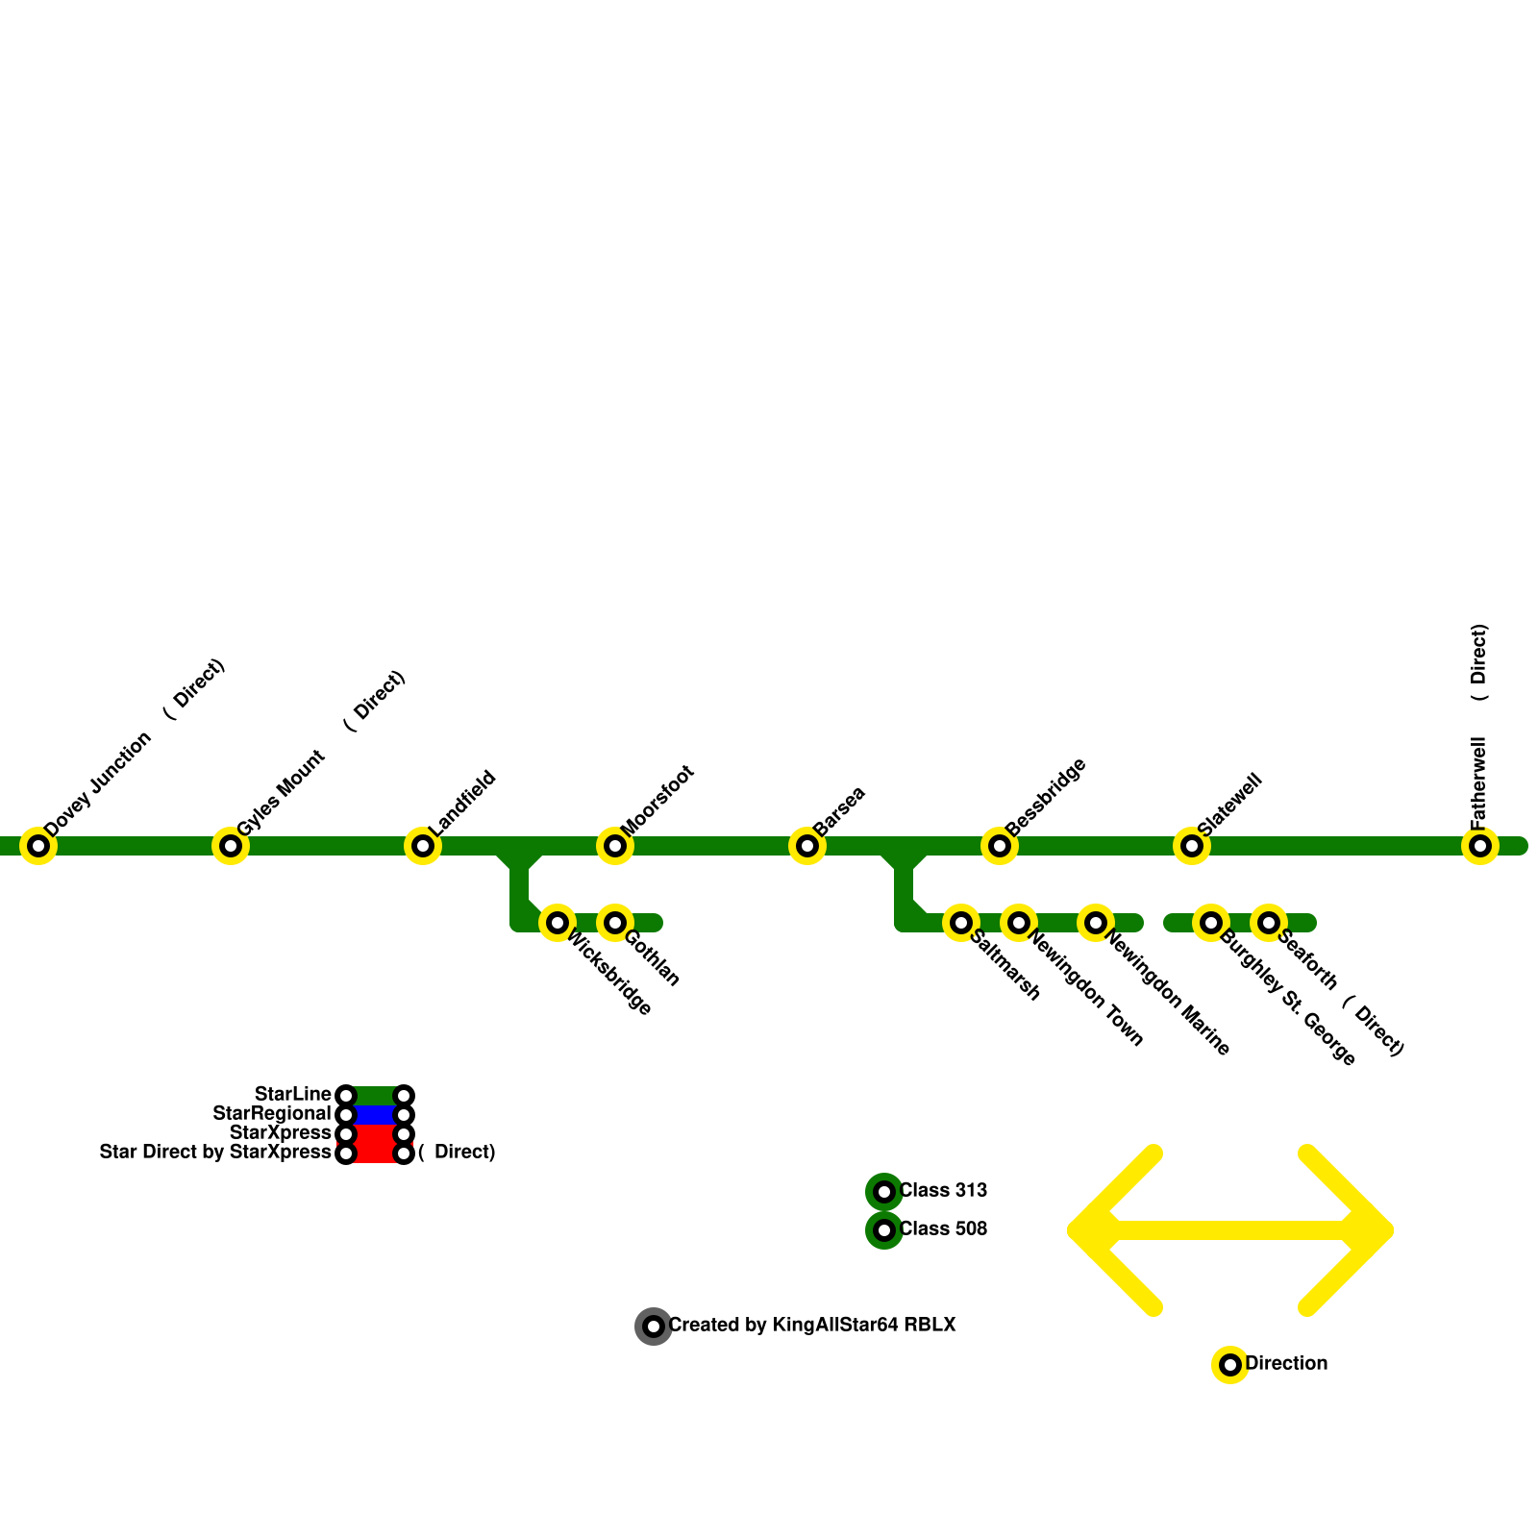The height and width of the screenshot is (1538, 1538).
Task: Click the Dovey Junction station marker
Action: click(x=38, y=846)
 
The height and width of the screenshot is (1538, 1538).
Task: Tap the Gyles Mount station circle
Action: click(x=231, y=846)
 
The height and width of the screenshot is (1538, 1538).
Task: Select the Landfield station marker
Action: click(x=423, y=846)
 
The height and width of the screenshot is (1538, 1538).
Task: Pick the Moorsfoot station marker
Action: click(x=615, y=846)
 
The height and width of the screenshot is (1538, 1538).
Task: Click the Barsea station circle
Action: click(x=807, y=846)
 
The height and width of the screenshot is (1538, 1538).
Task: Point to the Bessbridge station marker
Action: click(x=1000, y=846)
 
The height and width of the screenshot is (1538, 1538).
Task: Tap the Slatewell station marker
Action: click(x=1192, y=846)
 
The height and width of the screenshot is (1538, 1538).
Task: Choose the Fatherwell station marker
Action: click(x=1480, y=846)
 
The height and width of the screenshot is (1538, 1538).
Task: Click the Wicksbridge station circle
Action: click(x=558, y=923)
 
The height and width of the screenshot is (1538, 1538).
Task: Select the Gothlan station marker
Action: click(x=615, y=923)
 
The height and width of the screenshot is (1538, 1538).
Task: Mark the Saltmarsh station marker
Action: click(x=961, y=923)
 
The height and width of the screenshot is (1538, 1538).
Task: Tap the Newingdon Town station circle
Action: click(x=1019, y=923)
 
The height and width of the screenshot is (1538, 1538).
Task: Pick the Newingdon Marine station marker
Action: click(x=1096, y=923)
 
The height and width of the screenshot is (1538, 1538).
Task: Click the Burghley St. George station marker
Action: click(x=1211, y=923)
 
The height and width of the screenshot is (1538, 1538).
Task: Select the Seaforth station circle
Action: click(x=1269, y=923)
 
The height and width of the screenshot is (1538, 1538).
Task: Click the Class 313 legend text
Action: click(x=943, y=1191)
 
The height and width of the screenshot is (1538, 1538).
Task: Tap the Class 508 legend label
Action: click(x=943, y=1229)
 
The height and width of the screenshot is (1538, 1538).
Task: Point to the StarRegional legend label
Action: click(x=272, y=1114)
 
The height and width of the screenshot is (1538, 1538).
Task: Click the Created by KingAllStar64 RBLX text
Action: click(x=812, y=1326)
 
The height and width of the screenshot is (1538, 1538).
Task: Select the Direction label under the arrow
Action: click(x=1286, y=1364)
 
